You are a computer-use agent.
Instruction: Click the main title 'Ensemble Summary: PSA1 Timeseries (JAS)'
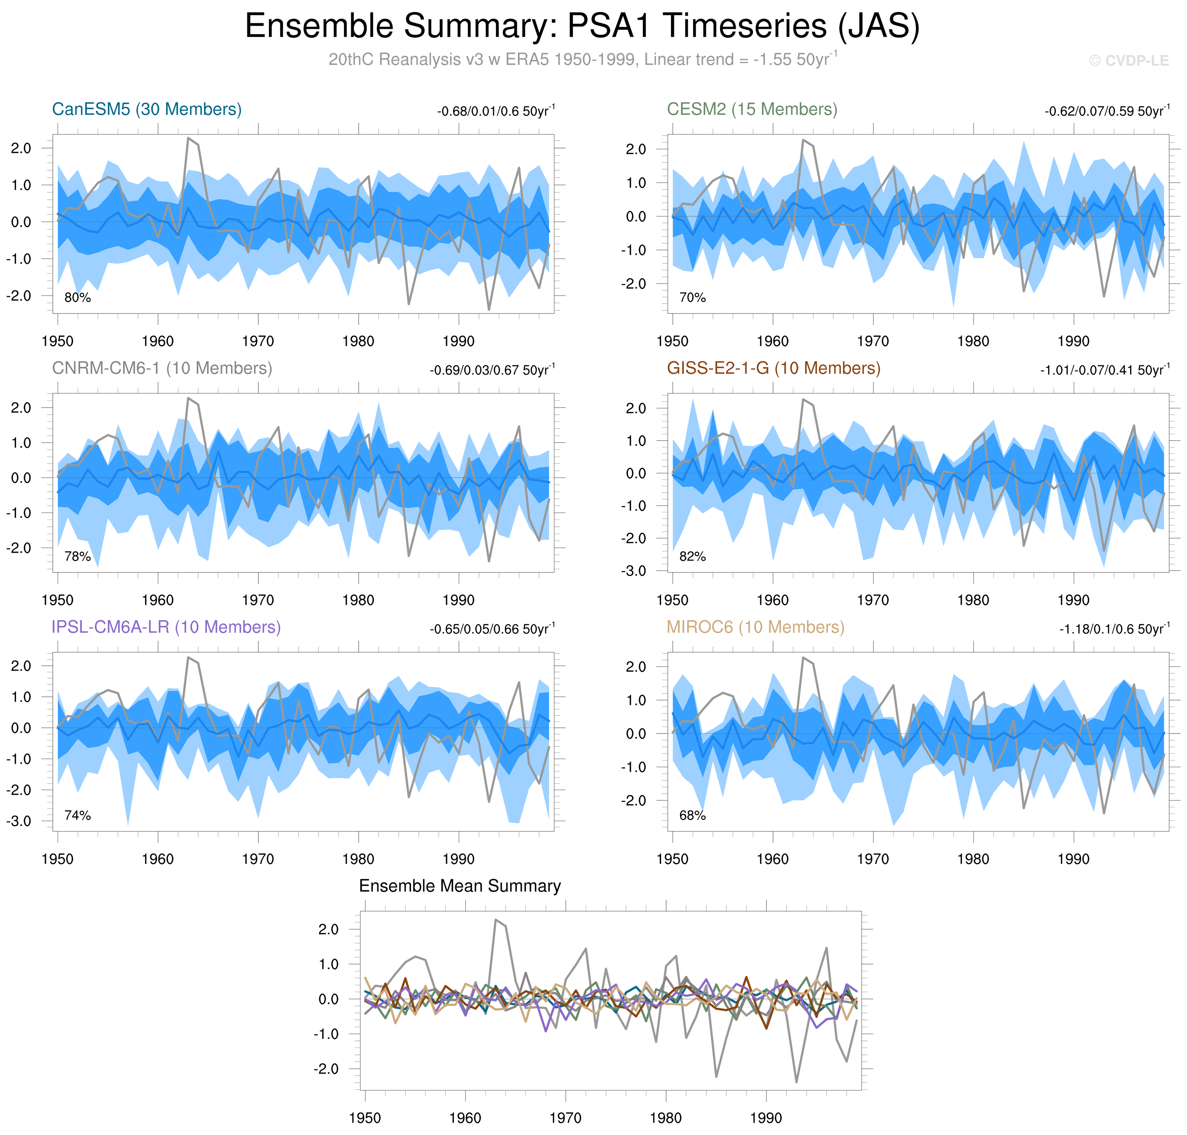click(x=582, y=27)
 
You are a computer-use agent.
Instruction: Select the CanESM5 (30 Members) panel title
click(x=147, y=109)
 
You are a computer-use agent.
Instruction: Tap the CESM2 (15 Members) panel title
click(x=751, y=109)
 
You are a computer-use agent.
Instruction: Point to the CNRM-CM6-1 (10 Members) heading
click(x=162, y=369)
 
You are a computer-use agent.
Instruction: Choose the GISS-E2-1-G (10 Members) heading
click(x=773, y=369)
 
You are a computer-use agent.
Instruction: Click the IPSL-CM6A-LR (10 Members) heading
click(x=166, y=627)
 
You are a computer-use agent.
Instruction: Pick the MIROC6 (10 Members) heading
click(x=755, y=627)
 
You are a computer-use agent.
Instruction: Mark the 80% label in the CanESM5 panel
click(x=77, y=298)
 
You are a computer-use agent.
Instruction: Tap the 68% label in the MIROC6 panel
click(x=692, y=816)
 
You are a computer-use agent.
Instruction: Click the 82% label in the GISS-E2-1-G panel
click(x=692, y=557)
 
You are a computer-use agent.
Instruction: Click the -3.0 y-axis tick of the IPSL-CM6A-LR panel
click(x=19, y=821)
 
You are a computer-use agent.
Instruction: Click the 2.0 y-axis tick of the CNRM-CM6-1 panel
click(x=21, y=408)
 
